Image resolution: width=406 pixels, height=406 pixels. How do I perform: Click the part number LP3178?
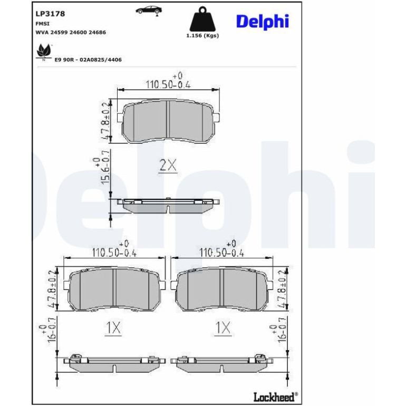[x=50, y=14]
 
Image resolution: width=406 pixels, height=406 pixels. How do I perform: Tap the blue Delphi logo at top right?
[x=262, y=22]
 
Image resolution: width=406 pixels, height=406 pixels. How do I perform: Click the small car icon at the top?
[x=149, y=11]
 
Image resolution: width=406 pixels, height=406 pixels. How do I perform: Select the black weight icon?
[x=202, y=19]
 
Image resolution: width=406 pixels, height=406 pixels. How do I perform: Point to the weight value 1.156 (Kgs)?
[x=202, y=35]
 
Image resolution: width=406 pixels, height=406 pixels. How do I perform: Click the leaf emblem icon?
[x=43, y=52]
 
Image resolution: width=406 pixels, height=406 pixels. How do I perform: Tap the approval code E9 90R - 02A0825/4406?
[x=88, y=60]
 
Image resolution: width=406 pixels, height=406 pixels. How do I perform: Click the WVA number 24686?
[x=98, y=32]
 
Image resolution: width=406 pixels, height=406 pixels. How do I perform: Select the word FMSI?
[x=42, y=24]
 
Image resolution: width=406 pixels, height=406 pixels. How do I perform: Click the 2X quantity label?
[x=168, y=166]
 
